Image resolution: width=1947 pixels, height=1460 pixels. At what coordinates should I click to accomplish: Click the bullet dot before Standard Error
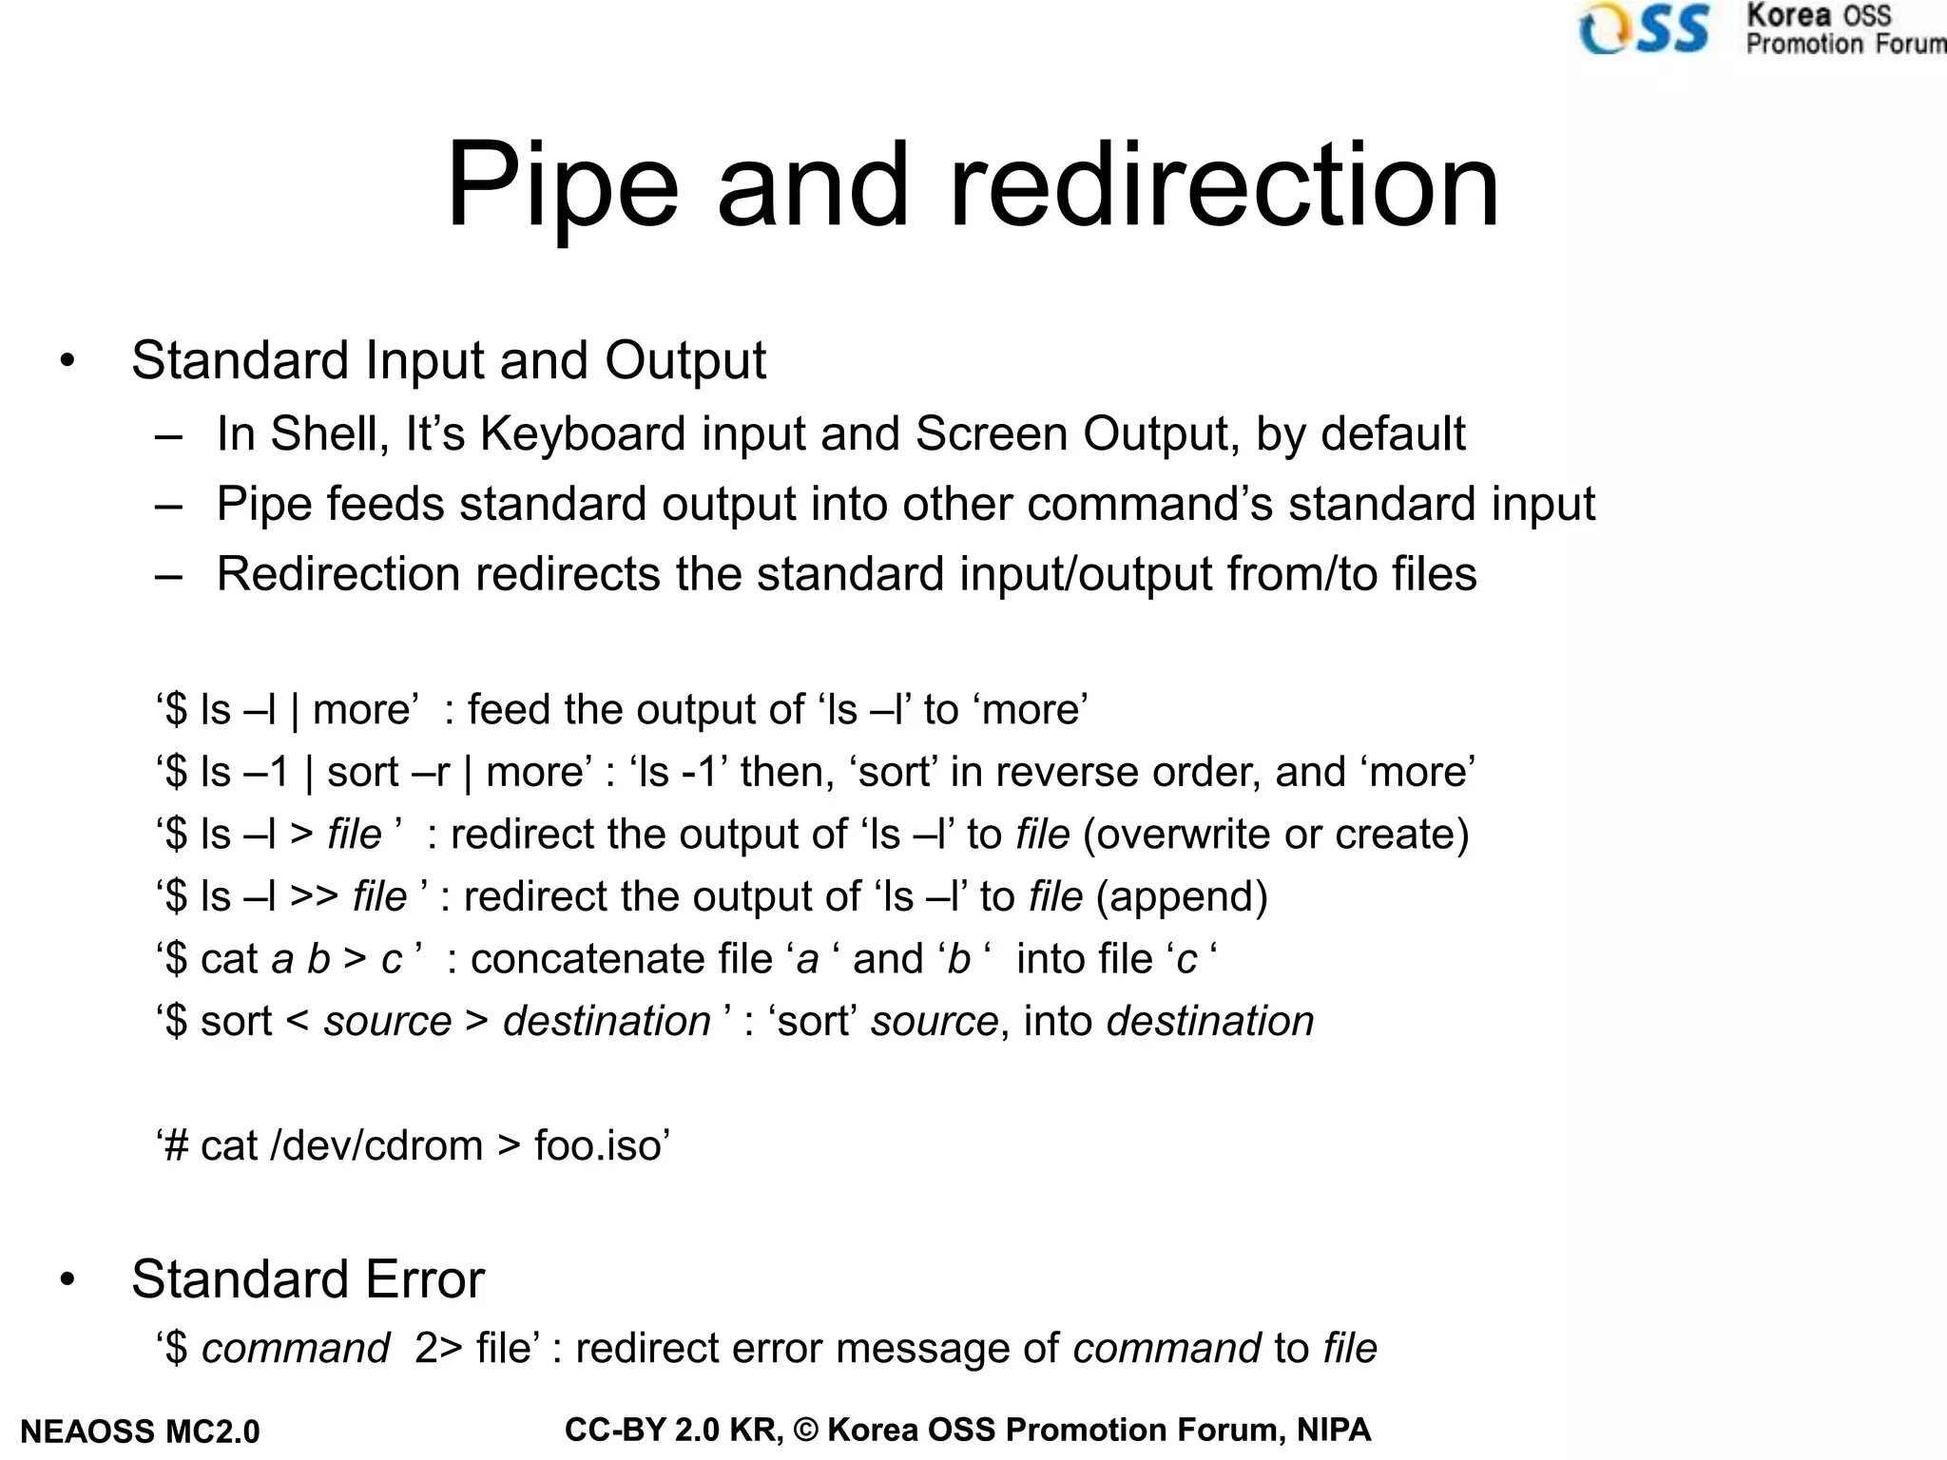pos(67,1279)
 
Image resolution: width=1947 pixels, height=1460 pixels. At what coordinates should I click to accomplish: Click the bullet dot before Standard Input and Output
pos(67,361)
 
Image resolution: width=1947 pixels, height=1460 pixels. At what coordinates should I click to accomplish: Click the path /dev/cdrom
pos(377,1145)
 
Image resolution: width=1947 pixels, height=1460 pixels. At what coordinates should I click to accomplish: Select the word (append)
pos(1182,896)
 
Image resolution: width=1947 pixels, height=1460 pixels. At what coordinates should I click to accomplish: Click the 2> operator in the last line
pos(438,1349)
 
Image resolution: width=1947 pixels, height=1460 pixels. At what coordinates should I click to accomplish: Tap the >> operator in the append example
pos(315,896)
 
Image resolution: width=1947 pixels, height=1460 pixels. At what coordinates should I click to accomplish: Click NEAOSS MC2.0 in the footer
pos(140,1431)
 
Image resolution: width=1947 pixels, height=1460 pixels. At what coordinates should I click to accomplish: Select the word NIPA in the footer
pos(1334,1430)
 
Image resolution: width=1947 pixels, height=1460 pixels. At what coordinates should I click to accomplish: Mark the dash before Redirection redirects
pos(168,576)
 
